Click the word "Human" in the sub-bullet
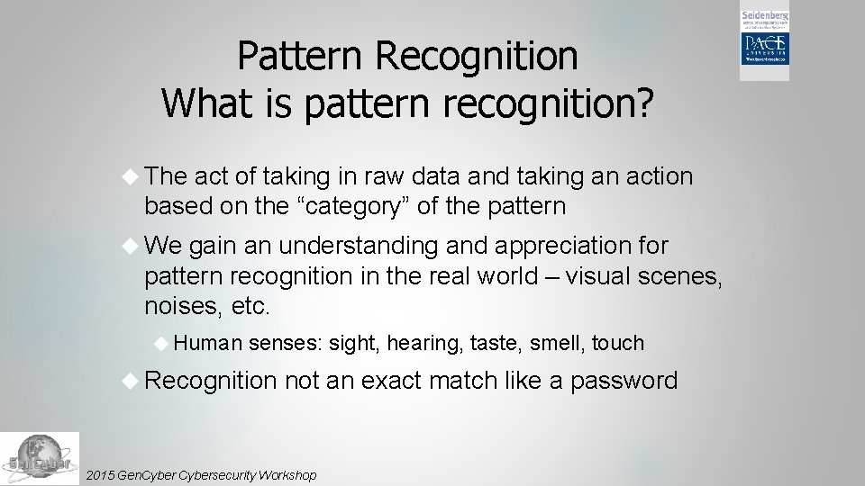click(x=207, y=343)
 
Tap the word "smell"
click(x=556, y=343)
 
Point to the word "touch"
click(x=618, y=343)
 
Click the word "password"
click(x=624, y=381)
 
